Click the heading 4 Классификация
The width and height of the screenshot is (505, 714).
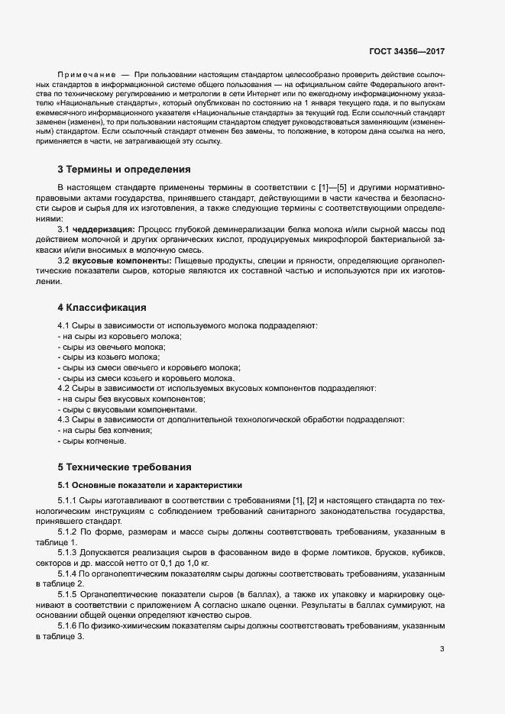click(x=102, y=308)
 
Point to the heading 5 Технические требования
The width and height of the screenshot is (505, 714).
click(x=124, y=467)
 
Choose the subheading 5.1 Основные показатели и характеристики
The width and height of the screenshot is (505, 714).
click(x=150, y=484)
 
